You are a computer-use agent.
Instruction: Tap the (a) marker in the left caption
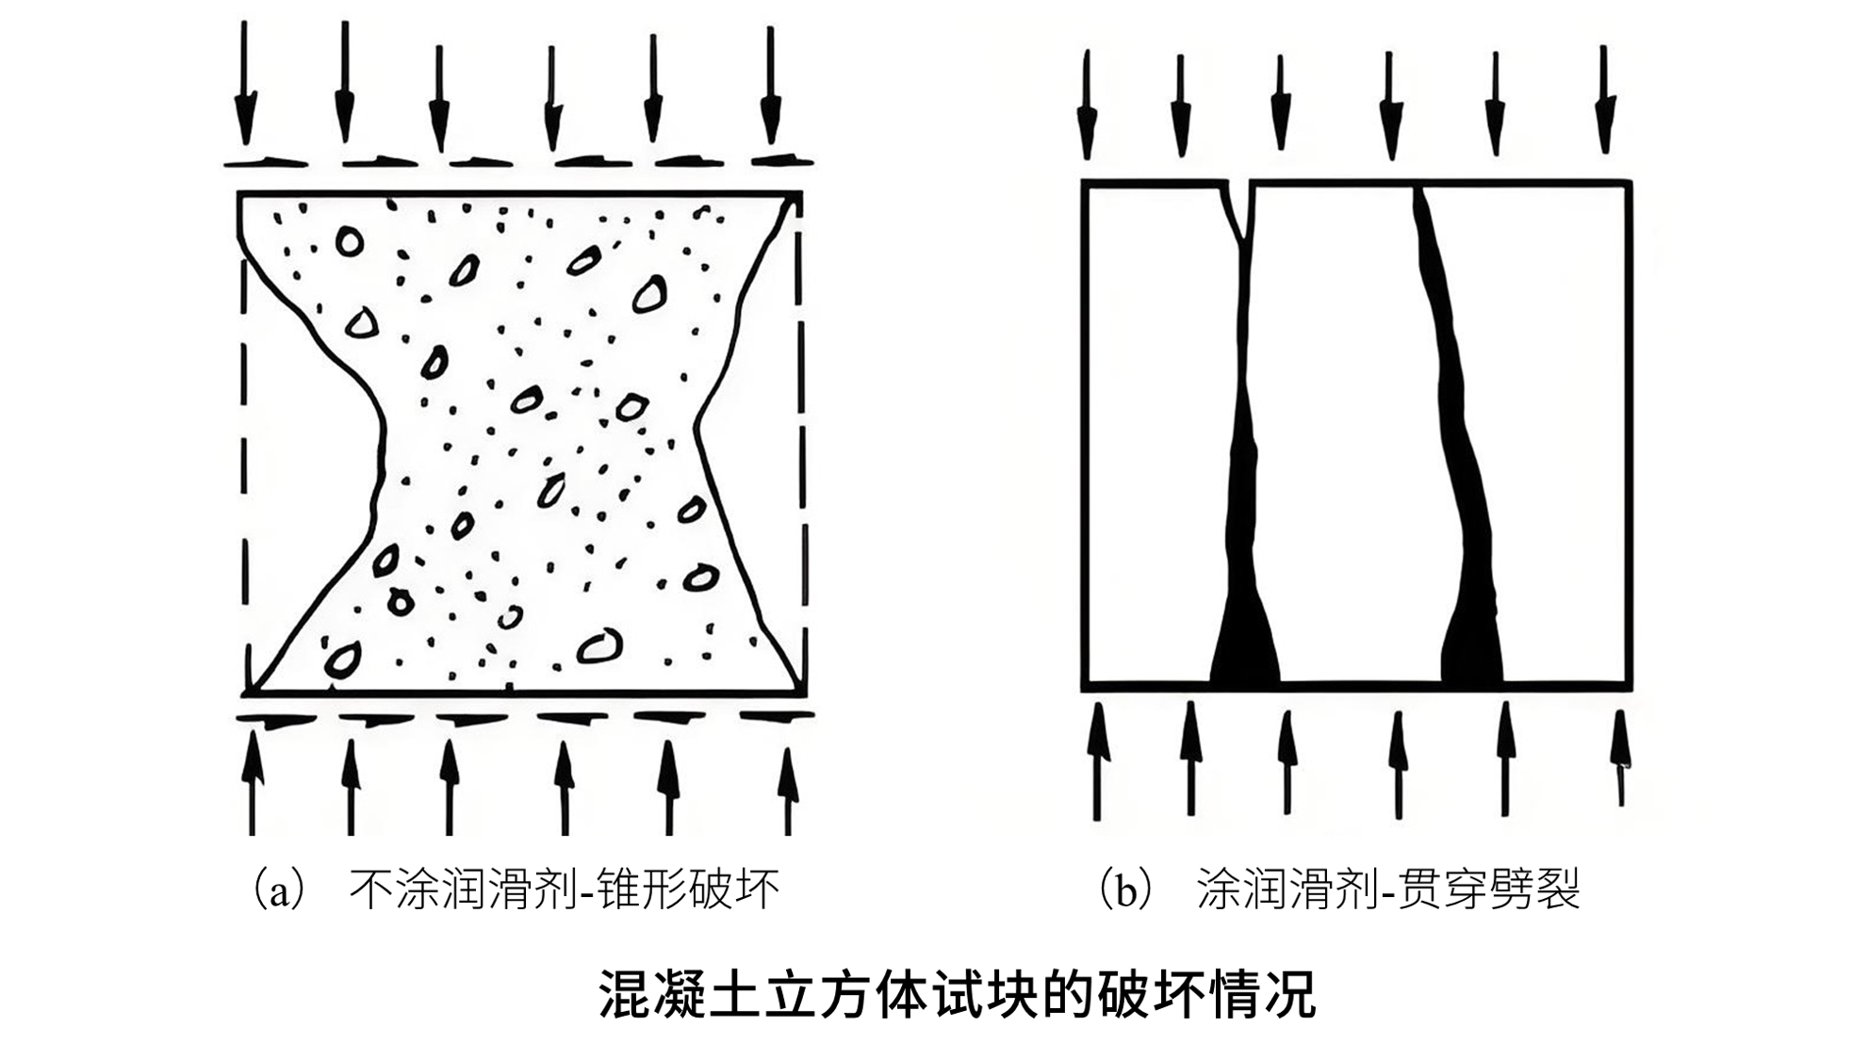(280, 889)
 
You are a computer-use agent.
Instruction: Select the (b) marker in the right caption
(1127, 889)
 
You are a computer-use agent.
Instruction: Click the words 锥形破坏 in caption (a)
(688, 889)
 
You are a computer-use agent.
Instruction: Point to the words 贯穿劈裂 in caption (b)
(1488, 889)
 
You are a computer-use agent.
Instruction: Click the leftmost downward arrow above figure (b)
(1087, 105)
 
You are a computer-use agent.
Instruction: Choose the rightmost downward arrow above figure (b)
(1604, 99)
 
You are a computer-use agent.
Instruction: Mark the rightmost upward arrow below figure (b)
(1620, 758)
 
